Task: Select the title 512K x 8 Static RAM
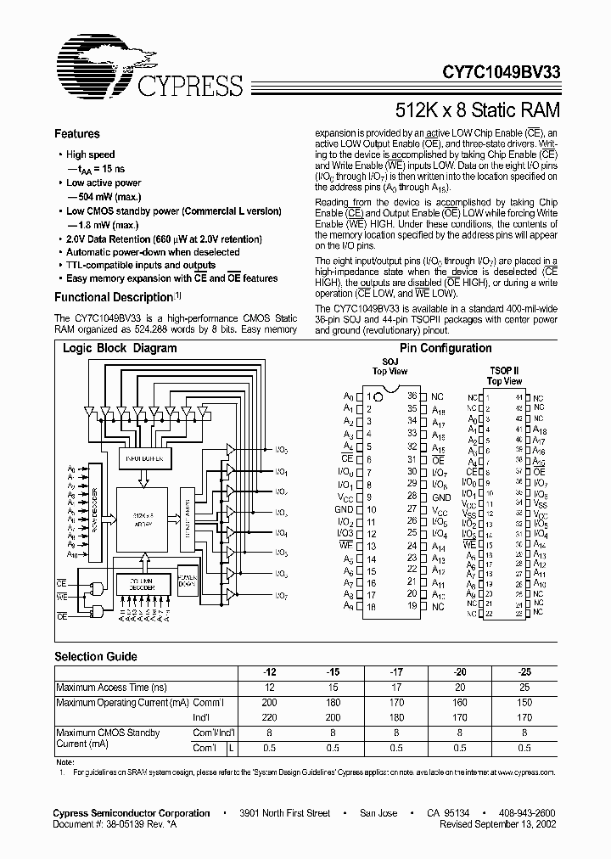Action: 478,110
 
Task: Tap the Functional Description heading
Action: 113,297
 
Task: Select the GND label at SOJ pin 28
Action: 440,497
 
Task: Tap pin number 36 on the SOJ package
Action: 412,396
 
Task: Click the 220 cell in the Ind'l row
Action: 268,717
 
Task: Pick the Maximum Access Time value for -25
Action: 524,687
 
